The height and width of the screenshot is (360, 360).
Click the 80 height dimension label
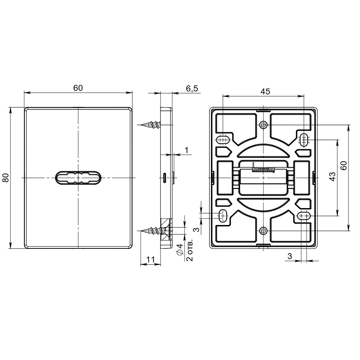pyautogui.click(x=6, y=178)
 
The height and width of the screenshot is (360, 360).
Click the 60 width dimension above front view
pyautogui.click(x=78, y=88)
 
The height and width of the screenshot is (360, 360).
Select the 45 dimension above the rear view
pyautogui.click(x=265, y=91)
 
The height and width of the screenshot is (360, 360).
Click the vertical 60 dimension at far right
pyautogui.click(x=344, y=166)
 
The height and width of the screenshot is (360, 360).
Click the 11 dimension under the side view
pyautogui.click(x=150, y=259)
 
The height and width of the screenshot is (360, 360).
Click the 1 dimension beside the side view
pyautogui.click(x=186, y=149)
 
